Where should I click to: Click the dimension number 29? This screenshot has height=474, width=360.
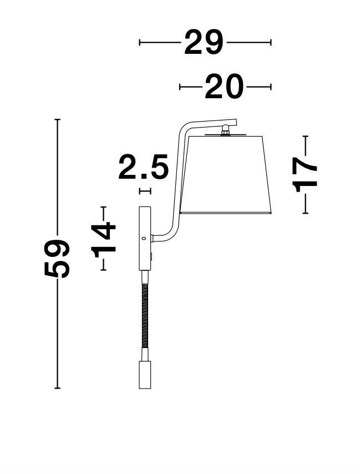coord(204,42)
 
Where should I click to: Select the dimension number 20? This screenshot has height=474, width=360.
coord(224,87)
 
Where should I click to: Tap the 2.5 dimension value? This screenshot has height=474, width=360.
coord(143,167)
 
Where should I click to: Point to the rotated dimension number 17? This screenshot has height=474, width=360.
coord(305,175)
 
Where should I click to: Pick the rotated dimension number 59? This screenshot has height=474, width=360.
coord(57,259)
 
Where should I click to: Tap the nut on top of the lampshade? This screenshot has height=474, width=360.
coord(225,130)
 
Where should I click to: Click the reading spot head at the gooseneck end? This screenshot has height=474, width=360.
coord(145,375)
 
